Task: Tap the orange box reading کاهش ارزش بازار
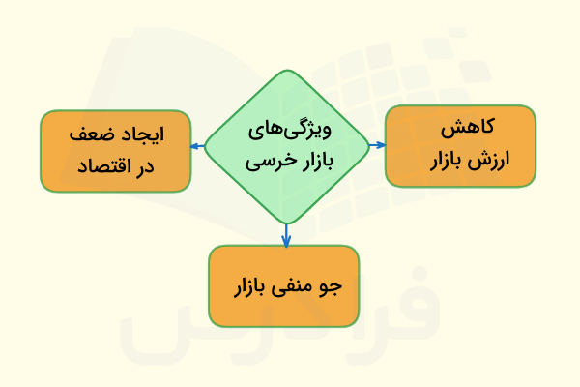[460, 145]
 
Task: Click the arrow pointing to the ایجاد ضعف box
[196, 146]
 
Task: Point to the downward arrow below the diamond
[286, 235]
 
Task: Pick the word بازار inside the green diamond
[317, 163]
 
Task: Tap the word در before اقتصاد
[146, 167]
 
